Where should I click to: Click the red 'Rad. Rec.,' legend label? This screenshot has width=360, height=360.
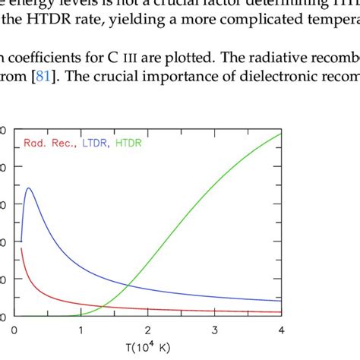coord(48,143)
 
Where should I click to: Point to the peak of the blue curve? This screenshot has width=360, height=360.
coord(28,188)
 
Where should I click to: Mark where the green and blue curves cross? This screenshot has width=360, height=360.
coord(127,285)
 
